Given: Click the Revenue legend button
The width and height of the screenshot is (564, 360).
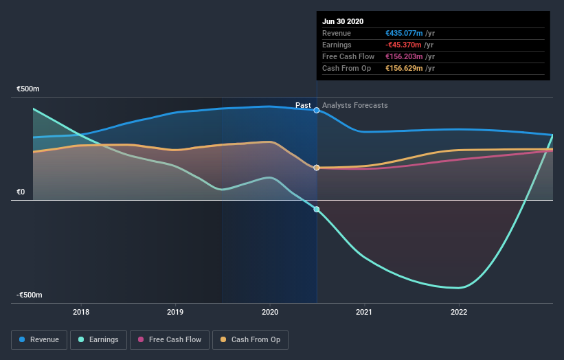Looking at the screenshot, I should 40,339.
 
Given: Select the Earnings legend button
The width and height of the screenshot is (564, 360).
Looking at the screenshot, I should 98,339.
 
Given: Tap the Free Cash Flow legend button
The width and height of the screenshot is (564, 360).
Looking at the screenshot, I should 169,339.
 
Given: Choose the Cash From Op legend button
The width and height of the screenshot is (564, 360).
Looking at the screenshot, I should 253,339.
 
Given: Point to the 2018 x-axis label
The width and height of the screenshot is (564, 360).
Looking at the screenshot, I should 81,312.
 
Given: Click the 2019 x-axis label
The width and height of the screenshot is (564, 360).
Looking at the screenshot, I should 175,312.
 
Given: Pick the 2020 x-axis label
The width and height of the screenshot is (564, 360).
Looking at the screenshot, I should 270,312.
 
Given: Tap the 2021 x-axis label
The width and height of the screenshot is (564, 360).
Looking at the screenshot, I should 364,312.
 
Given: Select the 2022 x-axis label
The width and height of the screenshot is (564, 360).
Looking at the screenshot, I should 459,312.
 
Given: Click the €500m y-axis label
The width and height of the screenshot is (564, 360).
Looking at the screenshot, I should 29,89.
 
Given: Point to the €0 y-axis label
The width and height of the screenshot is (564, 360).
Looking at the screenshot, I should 21,192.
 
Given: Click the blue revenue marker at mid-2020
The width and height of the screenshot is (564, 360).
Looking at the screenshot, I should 317,110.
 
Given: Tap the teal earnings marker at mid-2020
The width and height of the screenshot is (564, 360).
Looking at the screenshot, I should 317,210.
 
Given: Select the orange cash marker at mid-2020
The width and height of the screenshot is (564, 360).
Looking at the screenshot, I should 317,168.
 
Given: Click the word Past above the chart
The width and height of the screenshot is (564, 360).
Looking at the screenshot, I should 303,105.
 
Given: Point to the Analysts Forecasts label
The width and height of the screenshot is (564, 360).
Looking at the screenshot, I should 354,106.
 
